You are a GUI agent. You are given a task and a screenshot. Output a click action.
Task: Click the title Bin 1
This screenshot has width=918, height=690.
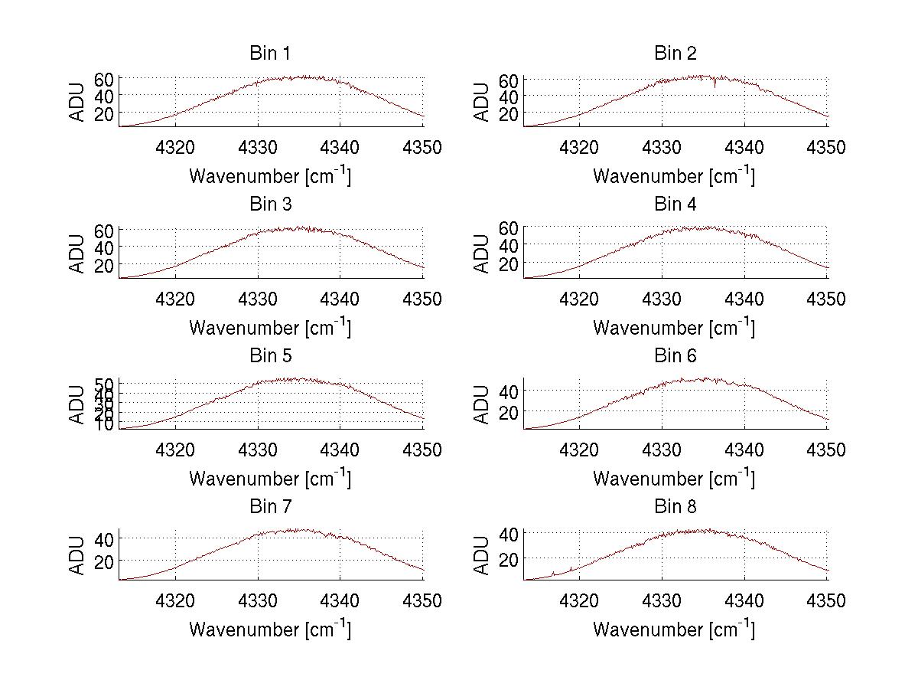tap(270, 54)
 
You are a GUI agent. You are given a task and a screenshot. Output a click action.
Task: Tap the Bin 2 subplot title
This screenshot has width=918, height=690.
tap(675, 54)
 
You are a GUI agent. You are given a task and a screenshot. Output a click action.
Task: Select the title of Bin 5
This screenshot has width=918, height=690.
tap(270, 356)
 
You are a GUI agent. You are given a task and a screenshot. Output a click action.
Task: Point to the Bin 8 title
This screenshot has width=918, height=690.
tap(675, 507)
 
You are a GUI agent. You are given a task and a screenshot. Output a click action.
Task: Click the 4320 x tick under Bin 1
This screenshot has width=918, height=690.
tap(176, 147)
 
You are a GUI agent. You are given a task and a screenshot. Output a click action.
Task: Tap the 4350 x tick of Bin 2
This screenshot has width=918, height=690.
tap(827, 147)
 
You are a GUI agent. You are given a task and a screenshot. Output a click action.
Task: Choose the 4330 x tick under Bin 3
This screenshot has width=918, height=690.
tap(258, 299)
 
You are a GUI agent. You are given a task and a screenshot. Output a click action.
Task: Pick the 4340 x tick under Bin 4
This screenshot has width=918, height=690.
tap(744, 299)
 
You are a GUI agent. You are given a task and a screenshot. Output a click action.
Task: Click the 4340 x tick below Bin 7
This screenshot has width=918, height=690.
tap(340, 601)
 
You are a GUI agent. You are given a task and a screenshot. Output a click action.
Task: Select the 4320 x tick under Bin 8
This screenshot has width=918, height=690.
tap(580, 601)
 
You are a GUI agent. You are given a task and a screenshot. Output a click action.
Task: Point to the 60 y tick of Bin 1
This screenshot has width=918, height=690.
tap(104, 79)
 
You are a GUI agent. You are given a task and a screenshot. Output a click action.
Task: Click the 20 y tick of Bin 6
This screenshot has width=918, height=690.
tap(508, 411)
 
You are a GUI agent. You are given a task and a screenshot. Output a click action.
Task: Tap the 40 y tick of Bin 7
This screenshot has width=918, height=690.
tap(104, 538)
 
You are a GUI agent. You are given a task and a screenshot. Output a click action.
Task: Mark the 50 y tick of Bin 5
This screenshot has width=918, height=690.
tap(104, 384)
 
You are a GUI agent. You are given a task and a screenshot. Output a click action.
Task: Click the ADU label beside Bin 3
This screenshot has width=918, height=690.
tap(78, 253)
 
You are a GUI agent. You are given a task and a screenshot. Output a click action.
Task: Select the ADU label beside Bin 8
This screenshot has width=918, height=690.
tap(482, 556)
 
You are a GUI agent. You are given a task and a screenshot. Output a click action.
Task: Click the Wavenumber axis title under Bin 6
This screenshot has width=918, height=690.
tap(674, 479)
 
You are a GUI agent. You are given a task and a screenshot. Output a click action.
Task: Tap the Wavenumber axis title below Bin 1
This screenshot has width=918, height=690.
tap(270, 176)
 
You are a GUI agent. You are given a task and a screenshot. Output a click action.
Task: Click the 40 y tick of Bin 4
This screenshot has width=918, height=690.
tap(508, 245)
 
